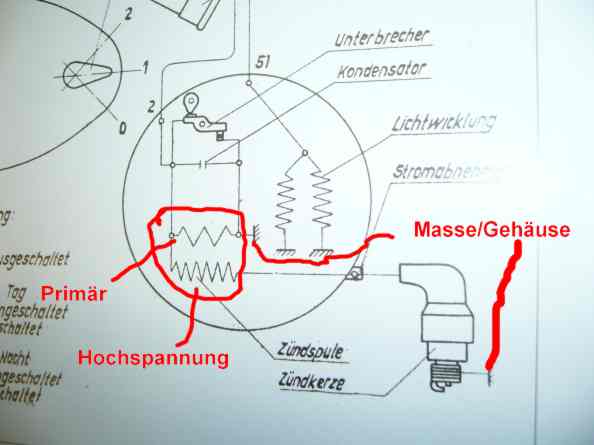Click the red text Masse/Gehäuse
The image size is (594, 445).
(x=491, y=231)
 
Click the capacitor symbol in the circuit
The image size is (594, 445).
(x=206, y=162)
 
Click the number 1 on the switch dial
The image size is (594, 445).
(x=144, y=68)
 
